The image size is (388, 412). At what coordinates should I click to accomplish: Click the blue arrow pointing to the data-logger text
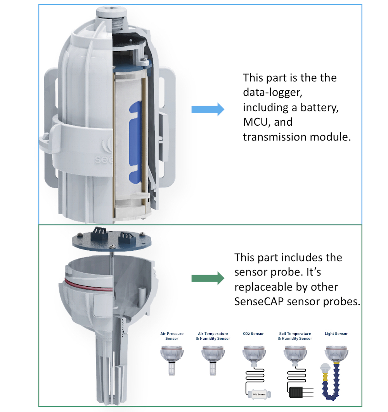coord(208,109)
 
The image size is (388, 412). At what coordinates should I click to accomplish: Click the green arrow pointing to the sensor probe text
coord(208,278)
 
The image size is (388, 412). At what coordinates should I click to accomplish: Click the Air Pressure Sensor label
coord(172,336)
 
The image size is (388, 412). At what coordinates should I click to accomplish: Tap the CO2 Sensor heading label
coord(253,334)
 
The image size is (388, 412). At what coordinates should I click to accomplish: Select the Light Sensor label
coord(336,334)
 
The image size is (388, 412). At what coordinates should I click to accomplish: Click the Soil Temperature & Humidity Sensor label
coord(295,336)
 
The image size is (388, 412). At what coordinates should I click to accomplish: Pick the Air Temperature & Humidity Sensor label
coord(213,336)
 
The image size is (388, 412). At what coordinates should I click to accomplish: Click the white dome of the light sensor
coord(325,368)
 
